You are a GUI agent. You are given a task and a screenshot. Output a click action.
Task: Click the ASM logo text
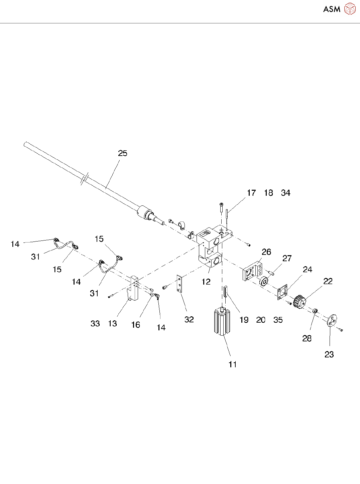tap(332, 9)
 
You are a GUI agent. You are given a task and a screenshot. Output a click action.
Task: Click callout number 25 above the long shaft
tap(123, 153)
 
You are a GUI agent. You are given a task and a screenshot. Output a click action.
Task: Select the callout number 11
tap(233, 364)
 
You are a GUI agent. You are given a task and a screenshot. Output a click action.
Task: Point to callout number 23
tap(329, 354)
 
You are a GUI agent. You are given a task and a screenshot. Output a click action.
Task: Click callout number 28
tap(307, 338)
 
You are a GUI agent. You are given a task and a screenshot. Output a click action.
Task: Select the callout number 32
tap(189, 320)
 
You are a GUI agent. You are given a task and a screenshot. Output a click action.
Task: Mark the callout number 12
tap(206, 282)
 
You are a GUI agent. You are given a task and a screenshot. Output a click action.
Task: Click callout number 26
tap(266, 252)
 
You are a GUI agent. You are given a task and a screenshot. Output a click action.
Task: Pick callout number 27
tap(287, 258)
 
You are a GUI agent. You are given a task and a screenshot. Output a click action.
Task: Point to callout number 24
tap(308, 270)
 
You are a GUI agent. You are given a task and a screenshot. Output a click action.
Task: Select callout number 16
tap(135, 325)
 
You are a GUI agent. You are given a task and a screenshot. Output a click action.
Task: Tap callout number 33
tap(95, 323)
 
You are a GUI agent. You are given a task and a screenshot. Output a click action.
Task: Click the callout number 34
tap(286, 193)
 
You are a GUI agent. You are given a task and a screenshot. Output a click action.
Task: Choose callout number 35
tap(278, 320)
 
